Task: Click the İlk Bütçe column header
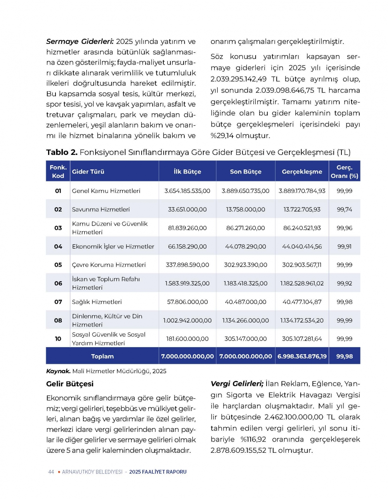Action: click(187, 172)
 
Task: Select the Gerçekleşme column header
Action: click(302, 172)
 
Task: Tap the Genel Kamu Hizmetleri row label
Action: click(106, 191)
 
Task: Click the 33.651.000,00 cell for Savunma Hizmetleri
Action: click(187, 209)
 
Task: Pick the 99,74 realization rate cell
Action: click(345, 209)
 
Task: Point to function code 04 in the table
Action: click(58, 247)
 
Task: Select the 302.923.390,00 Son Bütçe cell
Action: click(246, 265)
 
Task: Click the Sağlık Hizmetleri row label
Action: click(97, 302)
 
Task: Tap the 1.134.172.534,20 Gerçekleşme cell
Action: click(302, 320)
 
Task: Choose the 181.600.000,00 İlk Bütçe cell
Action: click(187, 339)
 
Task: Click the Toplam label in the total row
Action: click(102, 356)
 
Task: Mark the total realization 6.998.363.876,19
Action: click(302, 356)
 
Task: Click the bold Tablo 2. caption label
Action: click(62, 152)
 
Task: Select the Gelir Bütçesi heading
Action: click(70, 384)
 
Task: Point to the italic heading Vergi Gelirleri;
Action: click(237, 384)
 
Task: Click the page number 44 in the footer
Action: click(51, 472)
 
